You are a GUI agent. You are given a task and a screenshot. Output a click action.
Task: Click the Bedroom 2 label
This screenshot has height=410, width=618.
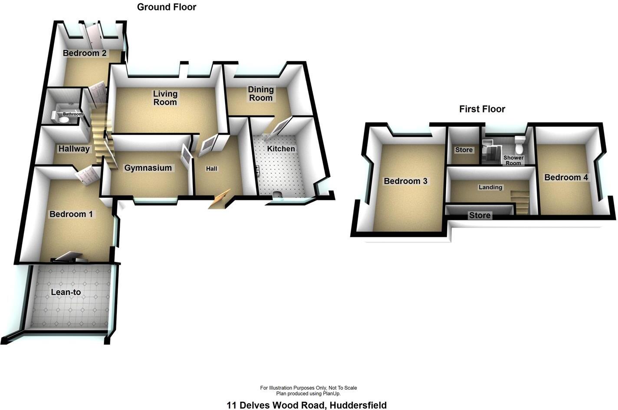pos(85,53)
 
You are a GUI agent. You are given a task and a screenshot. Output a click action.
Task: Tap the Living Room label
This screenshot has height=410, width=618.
pos(165,98)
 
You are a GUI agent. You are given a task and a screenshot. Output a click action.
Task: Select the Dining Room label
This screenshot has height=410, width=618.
pos(260,93)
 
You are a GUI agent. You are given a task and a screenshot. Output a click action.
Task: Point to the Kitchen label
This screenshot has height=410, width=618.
pos(281,149)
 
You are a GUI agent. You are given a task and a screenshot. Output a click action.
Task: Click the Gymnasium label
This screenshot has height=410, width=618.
pos(148,168)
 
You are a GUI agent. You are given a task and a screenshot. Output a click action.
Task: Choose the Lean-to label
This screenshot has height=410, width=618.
pos(66,292)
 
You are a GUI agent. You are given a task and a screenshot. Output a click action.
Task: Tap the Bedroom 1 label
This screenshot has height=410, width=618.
pos(71,214)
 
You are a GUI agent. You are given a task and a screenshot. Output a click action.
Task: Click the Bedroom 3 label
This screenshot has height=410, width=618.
pos(405,181)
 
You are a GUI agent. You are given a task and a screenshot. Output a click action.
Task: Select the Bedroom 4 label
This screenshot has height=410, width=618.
pos(566,177)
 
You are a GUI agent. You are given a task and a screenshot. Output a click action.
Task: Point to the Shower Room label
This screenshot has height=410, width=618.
pos(513,160)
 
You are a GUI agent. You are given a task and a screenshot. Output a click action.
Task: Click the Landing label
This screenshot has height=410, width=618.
pos(490,187)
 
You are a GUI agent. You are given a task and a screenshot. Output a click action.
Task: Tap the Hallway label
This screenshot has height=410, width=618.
pos(74,149)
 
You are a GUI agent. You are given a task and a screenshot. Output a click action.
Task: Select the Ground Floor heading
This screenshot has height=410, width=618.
pos(167,7)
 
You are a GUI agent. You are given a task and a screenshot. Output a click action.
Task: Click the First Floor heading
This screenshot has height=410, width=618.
pos(482,109)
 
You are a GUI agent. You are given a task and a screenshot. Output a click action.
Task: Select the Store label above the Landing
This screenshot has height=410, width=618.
pos(463,150)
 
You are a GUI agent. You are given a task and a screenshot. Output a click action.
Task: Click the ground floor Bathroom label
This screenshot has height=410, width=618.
pos(72,114)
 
